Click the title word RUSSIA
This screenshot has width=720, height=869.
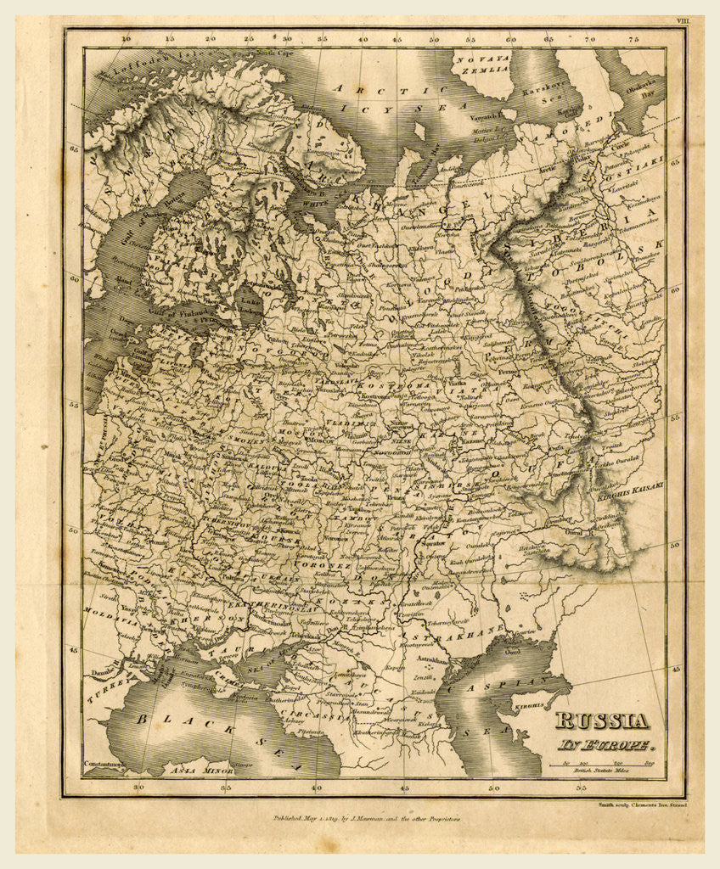[602, 722]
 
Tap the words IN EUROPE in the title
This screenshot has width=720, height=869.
[605, 747]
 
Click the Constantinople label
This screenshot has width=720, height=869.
[105, 765]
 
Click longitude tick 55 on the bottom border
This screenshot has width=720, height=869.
[581, 787]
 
